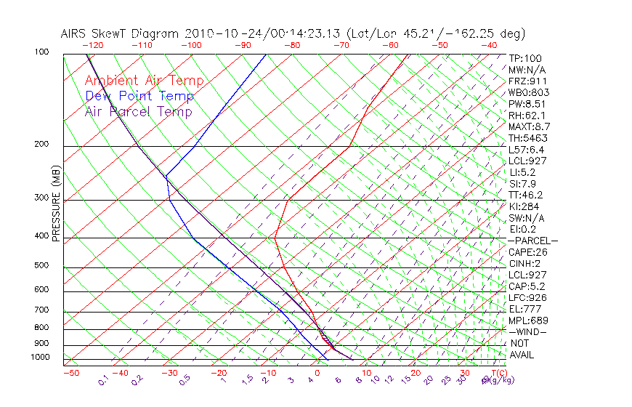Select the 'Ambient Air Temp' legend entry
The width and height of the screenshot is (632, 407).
145,81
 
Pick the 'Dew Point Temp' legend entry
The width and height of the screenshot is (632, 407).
139,96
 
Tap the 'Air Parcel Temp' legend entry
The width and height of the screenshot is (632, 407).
139,111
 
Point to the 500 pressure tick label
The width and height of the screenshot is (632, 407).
42,266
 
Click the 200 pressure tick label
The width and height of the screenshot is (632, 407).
42,145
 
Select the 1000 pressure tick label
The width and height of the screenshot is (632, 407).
40,358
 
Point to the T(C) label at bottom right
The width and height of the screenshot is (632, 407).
498,372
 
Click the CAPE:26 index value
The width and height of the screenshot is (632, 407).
528,252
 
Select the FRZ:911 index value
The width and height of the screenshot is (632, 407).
528,81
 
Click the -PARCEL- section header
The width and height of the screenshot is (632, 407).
532,241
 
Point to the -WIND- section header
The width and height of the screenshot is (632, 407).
528,331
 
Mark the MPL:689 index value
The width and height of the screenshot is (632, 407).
528,320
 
